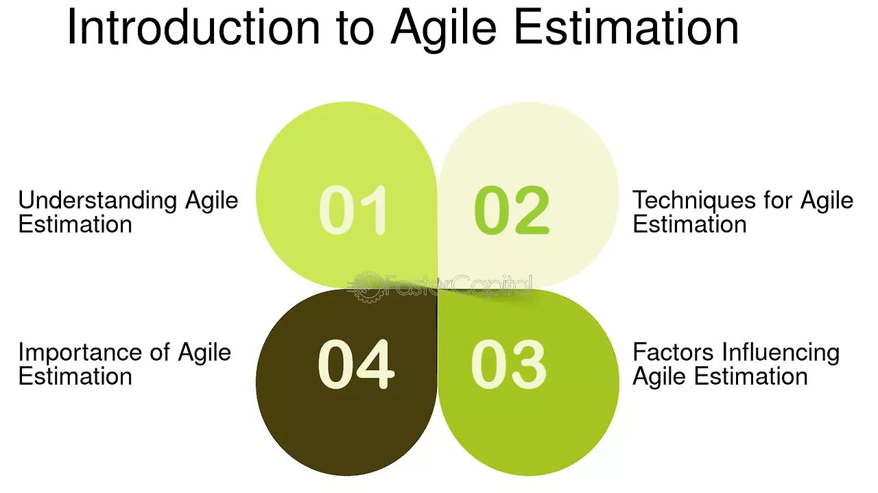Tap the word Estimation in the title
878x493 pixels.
pos(626,27)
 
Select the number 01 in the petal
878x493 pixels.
pos(353,211)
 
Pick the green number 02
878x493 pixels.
pos(512,211)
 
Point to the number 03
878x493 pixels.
pos(508,365)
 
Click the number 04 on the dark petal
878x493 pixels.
pos(355,365)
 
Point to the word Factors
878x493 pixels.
pos(673,352)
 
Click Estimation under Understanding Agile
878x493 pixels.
pos(75,224)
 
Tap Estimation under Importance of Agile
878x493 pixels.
pos(75,376)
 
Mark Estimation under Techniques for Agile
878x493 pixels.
pos(689,224)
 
